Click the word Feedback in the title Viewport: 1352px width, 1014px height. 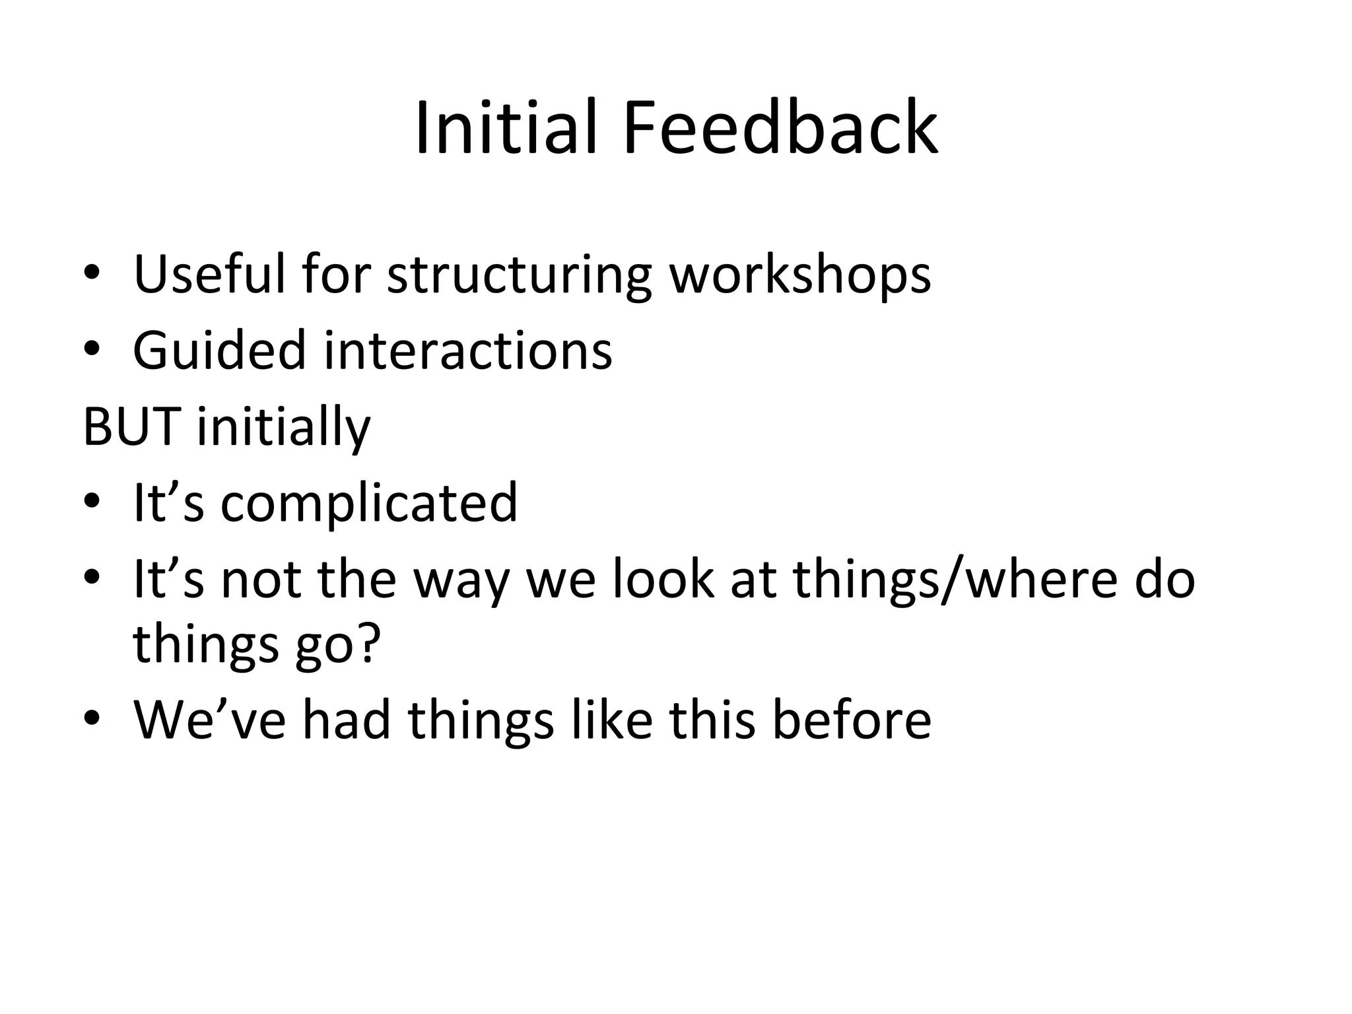[780, 128]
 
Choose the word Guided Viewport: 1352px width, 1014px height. [219, 350]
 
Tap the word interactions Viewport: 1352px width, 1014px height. [468, 350]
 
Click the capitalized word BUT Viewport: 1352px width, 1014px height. [131, 426]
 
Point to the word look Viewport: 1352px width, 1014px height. [663, 579]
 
